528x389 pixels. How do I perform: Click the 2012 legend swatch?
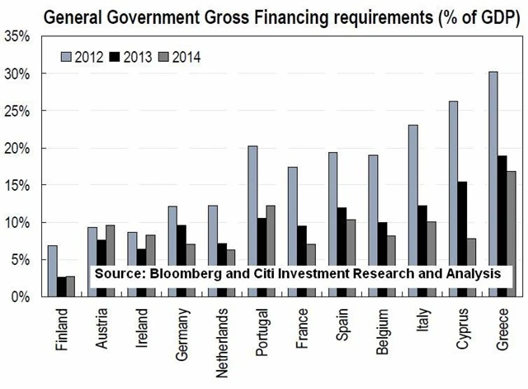coord(67,56)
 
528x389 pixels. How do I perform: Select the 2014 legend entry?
coord(177,56)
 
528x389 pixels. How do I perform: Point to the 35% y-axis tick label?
coord(18,36)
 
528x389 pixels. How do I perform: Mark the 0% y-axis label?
coord(21,296)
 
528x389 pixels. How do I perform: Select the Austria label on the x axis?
coord(102,328)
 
